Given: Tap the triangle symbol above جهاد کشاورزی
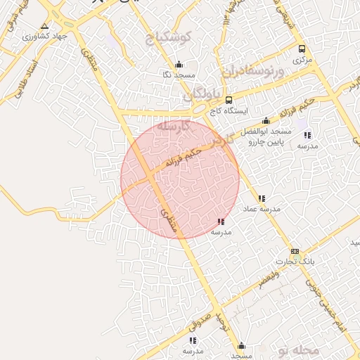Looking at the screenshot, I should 44,25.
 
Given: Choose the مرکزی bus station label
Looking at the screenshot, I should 302,60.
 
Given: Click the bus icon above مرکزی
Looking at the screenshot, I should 302,49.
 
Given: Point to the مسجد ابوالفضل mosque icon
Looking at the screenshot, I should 266,121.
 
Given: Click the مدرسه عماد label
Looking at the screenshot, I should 262,209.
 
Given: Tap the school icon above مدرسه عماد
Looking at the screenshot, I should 262,198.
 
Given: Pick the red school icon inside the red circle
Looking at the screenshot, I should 221,221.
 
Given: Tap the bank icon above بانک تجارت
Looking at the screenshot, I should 295,251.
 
